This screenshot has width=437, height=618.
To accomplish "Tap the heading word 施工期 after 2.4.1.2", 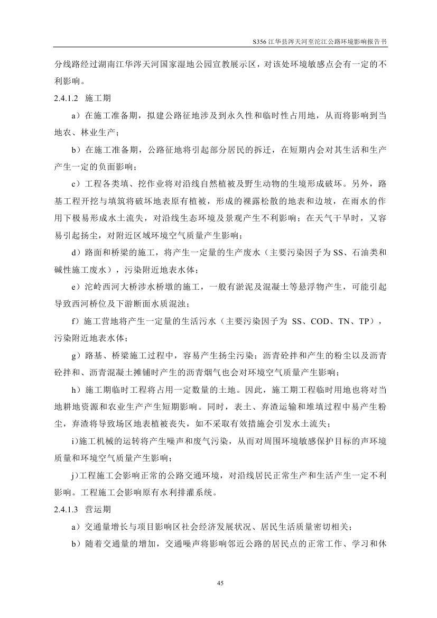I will click(98, 99).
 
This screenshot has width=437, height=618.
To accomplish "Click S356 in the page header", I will click(262, 41).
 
